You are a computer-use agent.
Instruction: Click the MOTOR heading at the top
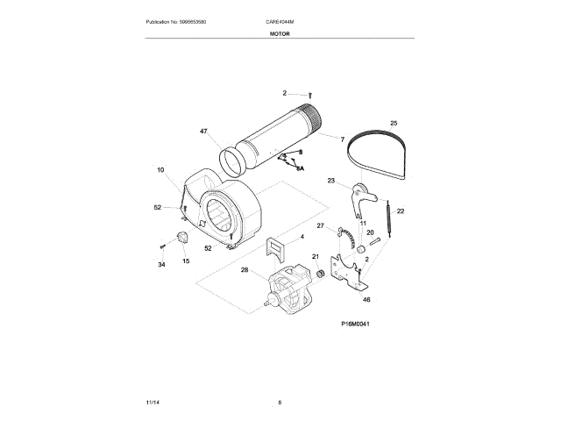pos(280,33)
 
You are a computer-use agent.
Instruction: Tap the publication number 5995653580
pos(182,21)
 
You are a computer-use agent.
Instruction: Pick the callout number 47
pos(203,132)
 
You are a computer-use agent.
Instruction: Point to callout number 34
pos(161,264)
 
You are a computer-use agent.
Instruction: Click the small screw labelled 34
pos(163,247)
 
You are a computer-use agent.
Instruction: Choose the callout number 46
pos(367,300)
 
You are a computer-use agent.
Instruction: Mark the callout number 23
pos(331,181)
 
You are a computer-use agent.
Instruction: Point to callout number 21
pos(316,257)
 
